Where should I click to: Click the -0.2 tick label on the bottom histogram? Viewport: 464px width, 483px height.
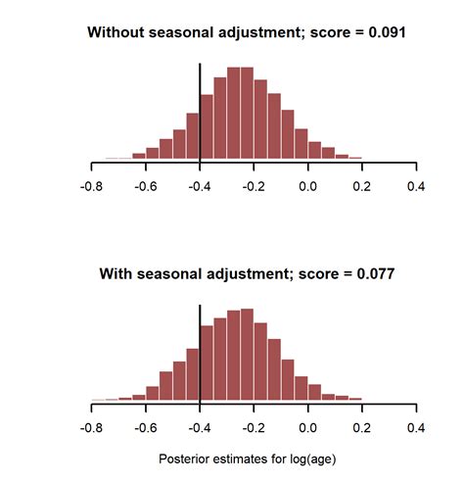pyautogui.click(x=254, y=427)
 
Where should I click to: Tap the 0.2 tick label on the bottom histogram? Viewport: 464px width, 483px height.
pyautogui.click(x=363, y=427)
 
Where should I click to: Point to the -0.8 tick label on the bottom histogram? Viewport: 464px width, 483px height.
pyautogui.click(x=90, y=427)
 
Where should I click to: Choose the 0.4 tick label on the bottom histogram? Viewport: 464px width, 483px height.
pyautogui.click(x=417, y=427)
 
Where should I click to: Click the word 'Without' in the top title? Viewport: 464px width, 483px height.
pyautogui.click(x=116, y=31)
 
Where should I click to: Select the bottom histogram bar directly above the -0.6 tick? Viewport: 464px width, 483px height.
pyautogui.click(x=152, y=393)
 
